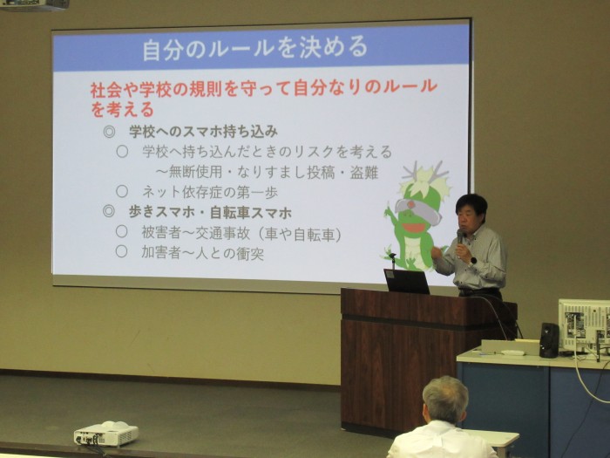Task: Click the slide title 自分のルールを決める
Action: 254,48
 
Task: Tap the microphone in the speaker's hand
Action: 460,236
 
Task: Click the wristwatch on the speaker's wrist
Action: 472,262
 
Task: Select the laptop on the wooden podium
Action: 406,281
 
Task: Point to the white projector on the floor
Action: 105,433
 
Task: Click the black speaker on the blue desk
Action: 549,340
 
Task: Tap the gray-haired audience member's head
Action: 445,400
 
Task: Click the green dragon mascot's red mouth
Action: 410,228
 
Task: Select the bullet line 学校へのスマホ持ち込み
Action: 203,132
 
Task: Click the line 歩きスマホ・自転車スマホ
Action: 210,213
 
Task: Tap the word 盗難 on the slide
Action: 364,173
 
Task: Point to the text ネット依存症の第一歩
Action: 210,192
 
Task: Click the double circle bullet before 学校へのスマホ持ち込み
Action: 109,132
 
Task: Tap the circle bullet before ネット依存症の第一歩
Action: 122,191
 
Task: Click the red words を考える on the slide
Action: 123,110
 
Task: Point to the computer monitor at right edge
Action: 585,326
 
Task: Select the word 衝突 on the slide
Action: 250,254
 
